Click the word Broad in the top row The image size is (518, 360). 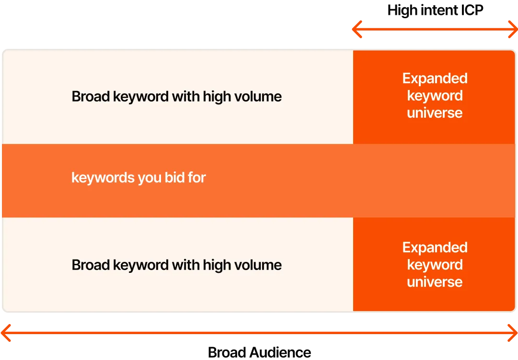(x=91, y=97)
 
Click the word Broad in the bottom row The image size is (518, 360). (x=91, y=265)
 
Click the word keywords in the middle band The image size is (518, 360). (x=103, y=178)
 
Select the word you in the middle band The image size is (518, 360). (x=150, y=178)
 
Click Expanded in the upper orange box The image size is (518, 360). (x=435, y=79)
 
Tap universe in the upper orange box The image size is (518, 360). (x=435, y=113)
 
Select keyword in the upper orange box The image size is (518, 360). (x=435, y=96)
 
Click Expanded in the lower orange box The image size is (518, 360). (x=435, y=247)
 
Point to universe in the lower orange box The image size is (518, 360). (x=435, y=282)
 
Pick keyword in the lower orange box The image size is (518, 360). (x=435, y=265)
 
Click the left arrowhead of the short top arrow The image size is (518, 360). (x=356, y=30)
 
